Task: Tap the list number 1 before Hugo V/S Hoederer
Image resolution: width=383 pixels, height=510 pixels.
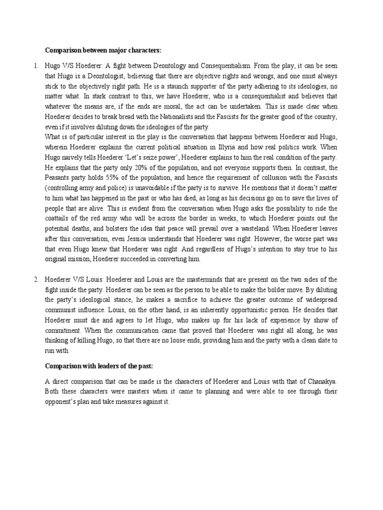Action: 36,66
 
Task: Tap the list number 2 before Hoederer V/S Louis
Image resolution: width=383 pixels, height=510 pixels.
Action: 36,279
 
